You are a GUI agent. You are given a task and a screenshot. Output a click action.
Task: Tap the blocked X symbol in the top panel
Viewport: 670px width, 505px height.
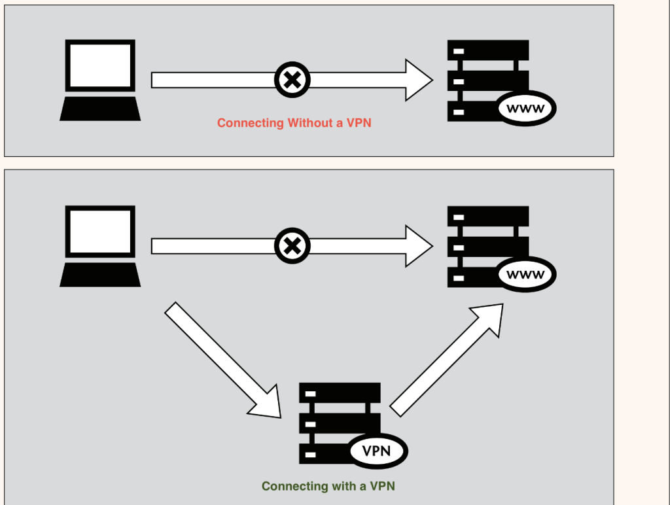[292, 80]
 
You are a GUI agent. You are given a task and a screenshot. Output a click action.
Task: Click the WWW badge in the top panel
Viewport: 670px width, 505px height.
[526, 109]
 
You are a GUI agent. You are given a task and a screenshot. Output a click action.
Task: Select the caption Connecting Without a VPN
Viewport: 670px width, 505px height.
[294, 123]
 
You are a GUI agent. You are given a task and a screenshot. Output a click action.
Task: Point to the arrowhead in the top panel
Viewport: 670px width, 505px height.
[417, 80]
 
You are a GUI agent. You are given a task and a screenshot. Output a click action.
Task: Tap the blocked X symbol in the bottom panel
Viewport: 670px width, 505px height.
[292, 246]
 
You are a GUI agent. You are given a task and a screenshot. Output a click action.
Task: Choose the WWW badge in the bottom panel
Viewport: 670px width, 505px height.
[526, 275]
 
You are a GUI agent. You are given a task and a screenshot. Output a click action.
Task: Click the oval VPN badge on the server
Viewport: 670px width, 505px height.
[378, 451]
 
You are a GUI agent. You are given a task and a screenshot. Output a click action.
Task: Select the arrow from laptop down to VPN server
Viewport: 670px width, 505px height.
[222, 360]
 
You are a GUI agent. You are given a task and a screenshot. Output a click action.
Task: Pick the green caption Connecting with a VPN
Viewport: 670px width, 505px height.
[328, 486]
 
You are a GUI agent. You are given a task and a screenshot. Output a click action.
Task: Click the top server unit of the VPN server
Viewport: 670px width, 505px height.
[340, 393]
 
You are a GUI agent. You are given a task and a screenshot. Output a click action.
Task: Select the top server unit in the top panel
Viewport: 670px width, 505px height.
[488, 50]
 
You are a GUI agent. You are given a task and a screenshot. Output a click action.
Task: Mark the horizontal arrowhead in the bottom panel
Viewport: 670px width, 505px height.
[417, 246]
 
